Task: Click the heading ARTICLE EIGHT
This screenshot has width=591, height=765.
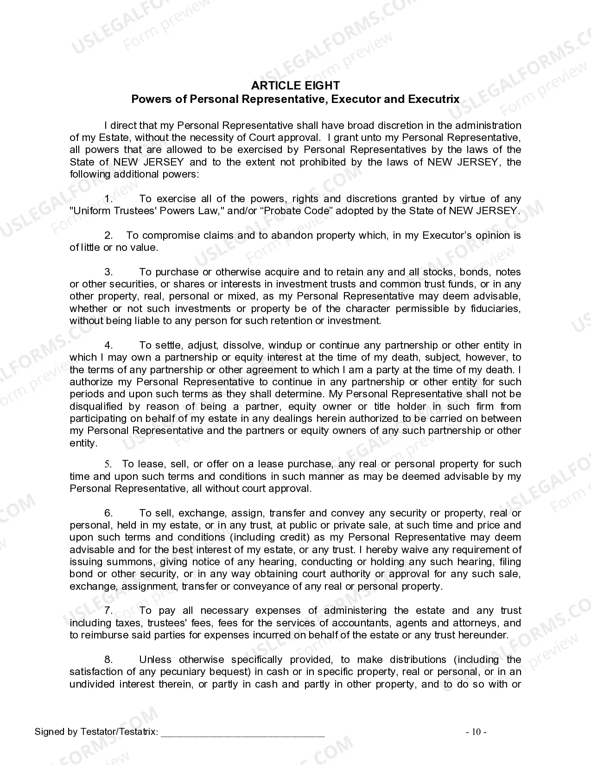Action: (x=295, y=85)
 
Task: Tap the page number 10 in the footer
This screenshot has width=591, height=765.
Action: (x=476, y=732)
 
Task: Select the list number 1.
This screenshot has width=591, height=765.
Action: (x=108, y=199)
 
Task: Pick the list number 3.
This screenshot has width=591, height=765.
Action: (x=108, y=272)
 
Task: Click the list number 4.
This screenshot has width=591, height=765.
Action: (x=108, y=345)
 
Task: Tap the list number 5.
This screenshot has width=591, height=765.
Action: (x=108, y=464)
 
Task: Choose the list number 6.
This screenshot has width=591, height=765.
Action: (x=108, y=513)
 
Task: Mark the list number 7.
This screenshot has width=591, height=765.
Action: (x=108, y=611)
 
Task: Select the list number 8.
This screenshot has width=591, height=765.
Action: (x=108, y=660)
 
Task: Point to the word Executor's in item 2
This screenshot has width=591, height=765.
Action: (x=447, y=236)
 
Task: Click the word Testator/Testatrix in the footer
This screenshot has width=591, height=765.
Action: (x=119, y=732)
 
